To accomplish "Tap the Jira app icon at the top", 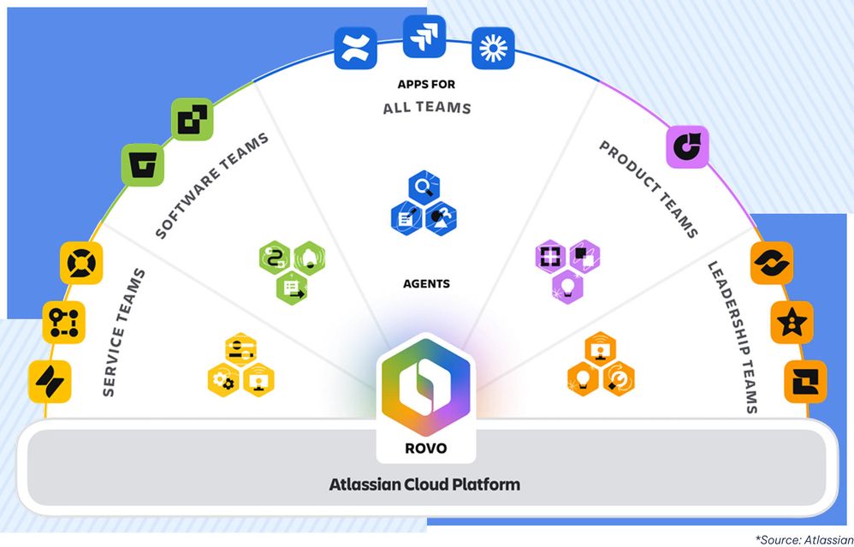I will [x=424, y=37].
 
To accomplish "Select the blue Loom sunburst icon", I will [x=494, y=48].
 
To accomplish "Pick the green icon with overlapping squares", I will [x=193, y=120].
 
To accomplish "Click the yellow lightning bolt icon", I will [x=50, y=381].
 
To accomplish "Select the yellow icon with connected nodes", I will [x=64, y=323].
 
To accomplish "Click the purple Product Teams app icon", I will [x=687, y=146].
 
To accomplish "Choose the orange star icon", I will [x=792, y=323].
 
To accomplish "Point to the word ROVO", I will [x=425, y=448].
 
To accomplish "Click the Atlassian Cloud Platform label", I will [x=424, y=485].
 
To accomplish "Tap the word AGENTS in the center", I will [x=425, y=283].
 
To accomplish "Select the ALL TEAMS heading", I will [x=426, y=108].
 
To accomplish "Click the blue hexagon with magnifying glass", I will [x=425, y=187].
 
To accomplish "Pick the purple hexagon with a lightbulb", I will [x=567, y=283].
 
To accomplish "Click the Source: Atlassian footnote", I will [x=803, y=538].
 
